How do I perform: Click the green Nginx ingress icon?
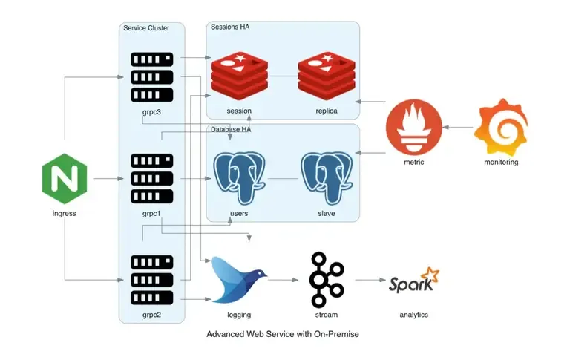pos(65,179)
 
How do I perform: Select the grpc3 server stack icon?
pos(152,76)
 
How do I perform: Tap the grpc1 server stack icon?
pos(152,178)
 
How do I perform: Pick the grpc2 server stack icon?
pos(152,280)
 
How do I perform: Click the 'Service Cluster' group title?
pos(146,28)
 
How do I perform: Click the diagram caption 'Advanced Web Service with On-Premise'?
pos(283,334)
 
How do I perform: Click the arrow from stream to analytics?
pos(370,280)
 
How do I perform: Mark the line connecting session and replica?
pos(283,76)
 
